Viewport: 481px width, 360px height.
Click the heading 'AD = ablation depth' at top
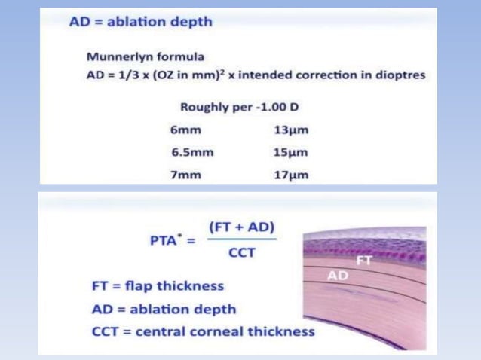pos(140,22)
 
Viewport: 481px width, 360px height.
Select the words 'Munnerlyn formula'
pos(145,56)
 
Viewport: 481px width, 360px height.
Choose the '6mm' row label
pos(187,130)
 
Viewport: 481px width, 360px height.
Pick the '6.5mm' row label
pos(192,152)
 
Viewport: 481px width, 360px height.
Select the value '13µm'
pos(291,130)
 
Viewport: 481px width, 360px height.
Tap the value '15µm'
pos(291,152)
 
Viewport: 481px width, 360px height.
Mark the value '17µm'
pos(291,175)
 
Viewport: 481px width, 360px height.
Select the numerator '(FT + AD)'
pos(241,227)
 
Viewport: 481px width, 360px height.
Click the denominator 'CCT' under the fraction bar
pos(241,253)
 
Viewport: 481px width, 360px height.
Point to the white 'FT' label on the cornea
pos(364,261)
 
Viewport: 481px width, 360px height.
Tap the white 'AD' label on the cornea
pos(338,276)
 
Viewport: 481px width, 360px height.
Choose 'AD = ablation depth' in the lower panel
pos(163,309)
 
